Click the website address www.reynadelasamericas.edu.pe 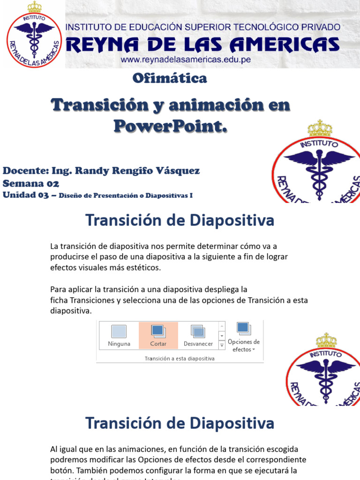(186, 60)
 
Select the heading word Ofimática (170, 78)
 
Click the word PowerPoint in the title (170, 126)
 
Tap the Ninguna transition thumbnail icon (119, 331)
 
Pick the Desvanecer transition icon (198, 331)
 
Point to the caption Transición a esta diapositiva (180, 359)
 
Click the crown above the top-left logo (34, 7)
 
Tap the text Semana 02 (31, 183)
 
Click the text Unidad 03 (26, 195)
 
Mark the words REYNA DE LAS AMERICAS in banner (202, 45)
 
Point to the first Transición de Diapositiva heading (180, 220)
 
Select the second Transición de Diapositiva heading (180, 424)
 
